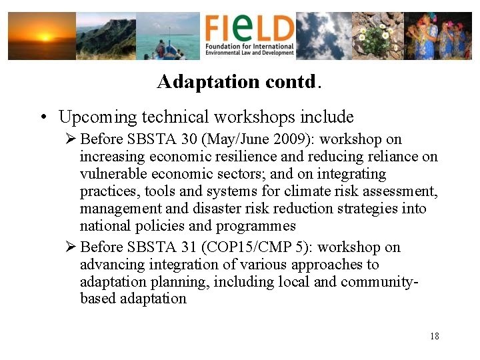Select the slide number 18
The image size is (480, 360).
click(435, 336)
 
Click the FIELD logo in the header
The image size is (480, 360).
click(249, 36)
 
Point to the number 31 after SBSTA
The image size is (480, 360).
click(187, 247)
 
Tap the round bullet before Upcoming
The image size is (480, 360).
click(42, 119)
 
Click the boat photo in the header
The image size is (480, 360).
click(168, 36)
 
